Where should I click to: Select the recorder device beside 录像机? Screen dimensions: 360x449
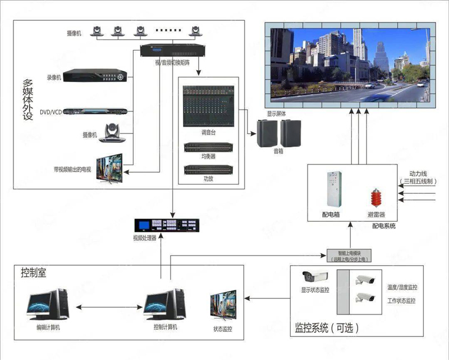click(96, 75)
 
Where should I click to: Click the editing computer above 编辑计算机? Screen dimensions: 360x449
click(47, 306)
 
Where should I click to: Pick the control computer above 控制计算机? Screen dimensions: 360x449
click(164, 306)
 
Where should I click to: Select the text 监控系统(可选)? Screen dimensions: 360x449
click(326, 327)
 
